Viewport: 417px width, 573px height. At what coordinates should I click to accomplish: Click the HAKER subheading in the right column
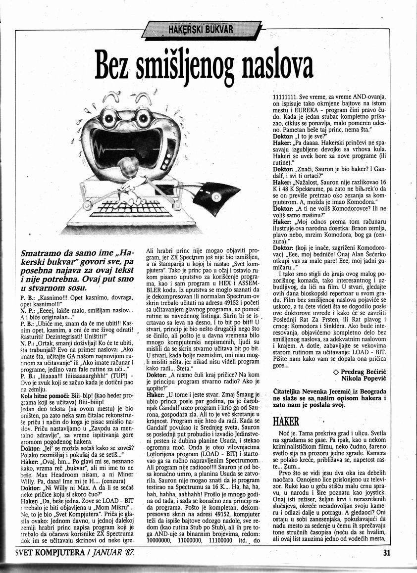click(286, 422)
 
